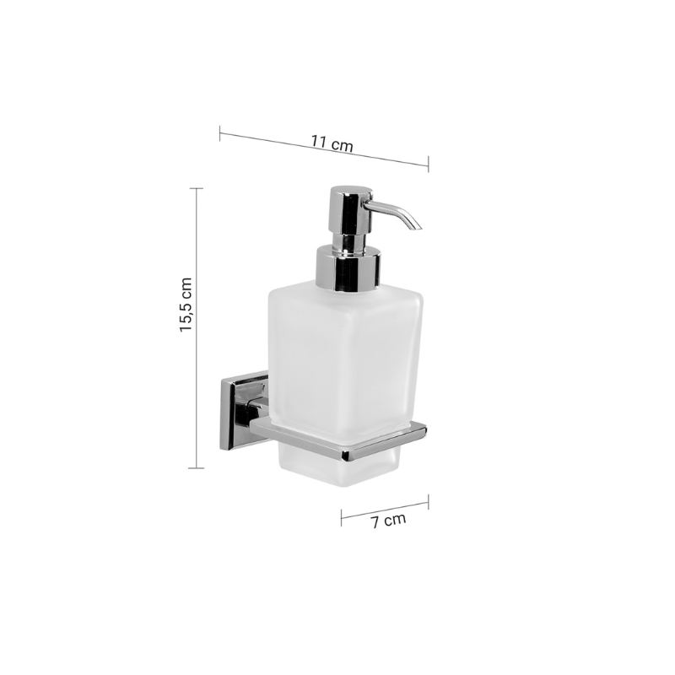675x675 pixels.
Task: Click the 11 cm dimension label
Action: coord(332,143)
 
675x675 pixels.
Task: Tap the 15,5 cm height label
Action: coord(186,305)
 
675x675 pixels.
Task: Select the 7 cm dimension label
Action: coord(388,520)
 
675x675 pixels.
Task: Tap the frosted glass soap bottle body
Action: coord(345,357)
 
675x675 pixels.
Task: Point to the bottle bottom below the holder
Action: coord(340,467)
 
